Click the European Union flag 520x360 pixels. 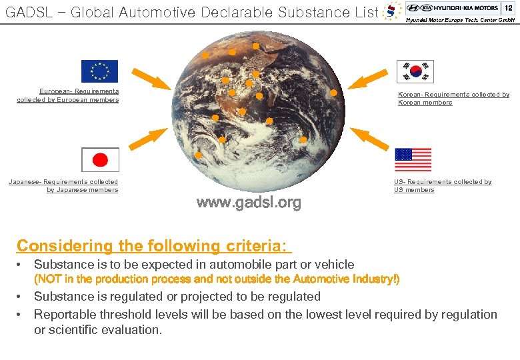[99, 71]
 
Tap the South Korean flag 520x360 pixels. [415, 71]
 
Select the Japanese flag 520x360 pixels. [100, 160]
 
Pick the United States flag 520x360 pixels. [413, 160]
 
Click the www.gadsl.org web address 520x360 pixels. [249, 203]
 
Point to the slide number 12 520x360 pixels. [508, 7]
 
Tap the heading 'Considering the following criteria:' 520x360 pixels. [154, 246]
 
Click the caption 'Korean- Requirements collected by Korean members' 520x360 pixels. [453, 99]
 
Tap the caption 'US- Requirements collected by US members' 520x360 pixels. [443, 185]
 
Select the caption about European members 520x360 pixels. [68, 95]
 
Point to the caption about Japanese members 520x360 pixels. [63, 185]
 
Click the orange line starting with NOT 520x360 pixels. [217, 279]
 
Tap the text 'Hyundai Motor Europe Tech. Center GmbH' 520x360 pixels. [461, 20]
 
